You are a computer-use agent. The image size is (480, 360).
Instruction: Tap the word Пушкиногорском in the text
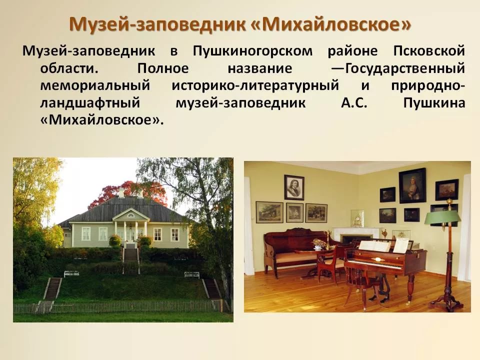[x=252, y=51]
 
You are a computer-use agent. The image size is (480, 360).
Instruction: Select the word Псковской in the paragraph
[x=429, y=50]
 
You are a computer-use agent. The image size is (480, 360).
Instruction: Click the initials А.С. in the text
[x=354, y=103]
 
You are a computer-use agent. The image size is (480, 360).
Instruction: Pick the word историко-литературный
[x=255, y=85]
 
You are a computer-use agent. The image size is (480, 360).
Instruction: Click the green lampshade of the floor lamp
[x=442, y=217]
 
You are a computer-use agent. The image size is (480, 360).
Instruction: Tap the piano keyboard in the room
[x=374, y=264]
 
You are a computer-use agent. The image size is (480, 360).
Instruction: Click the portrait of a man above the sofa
[x=294, y=187]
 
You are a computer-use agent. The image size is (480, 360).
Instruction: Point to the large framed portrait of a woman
[x=412, y=185]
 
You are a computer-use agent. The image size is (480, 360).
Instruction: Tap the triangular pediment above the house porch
[x=131, y=214]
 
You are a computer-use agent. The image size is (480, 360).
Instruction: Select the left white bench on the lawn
[x=71, y=273]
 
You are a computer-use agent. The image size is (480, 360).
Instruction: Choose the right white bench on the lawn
[x=192, y=274]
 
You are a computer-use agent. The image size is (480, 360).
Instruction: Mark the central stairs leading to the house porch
[x=131, y=254]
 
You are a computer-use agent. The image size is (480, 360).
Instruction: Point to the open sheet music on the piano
[x=374, y=246]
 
